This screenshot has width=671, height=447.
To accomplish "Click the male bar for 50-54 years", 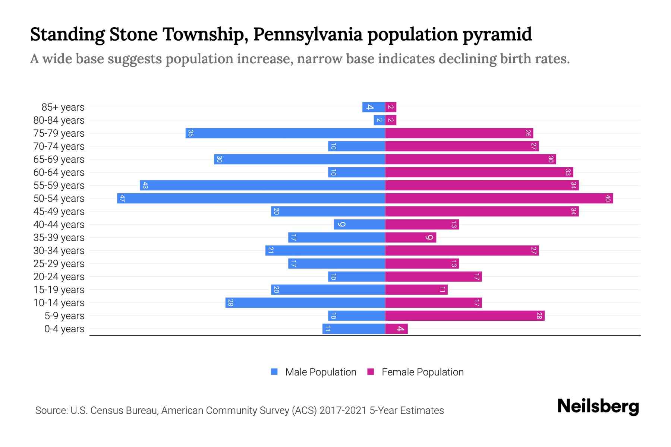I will coord(251,198).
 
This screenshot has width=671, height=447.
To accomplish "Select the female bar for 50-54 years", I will coord(499,198).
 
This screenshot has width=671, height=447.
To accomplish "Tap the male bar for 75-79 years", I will coord(285,133).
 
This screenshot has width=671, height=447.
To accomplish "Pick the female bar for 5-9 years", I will coord(464,316).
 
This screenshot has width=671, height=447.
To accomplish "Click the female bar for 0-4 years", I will coord(396,329).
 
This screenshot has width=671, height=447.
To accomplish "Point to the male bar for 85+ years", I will coord(374,107).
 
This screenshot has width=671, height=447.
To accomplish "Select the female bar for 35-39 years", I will coord(410,237).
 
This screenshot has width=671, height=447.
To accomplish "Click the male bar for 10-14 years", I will coord(305,302).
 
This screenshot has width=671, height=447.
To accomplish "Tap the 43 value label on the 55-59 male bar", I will coord(145,185).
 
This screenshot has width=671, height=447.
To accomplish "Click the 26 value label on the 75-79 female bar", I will coord(528,133).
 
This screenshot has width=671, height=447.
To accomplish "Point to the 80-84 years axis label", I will coord(59,120).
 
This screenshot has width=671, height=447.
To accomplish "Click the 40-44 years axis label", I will coord(59,224).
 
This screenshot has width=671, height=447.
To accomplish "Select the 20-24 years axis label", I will coord(59,276).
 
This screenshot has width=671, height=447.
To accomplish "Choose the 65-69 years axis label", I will coord(59,159).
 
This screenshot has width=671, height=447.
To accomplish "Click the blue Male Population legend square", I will coord(274,372).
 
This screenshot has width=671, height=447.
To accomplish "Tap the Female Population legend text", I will coord(422,372).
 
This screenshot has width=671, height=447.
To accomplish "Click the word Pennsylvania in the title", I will coord(308,34).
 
